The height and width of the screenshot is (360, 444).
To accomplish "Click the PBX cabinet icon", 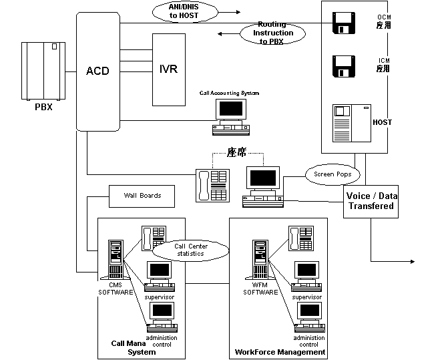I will (x=43, y=70).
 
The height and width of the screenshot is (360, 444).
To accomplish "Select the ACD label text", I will (x=97, y=70).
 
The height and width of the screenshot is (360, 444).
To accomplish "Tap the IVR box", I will (x=168, y=69).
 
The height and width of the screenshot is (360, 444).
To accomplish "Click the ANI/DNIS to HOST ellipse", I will (x=183, y=11).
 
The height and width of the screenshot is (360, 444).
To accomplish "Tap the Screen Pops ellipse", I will (x=332, y=175).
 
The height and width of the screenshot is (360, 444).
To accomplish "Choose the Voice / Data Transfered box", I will (x=371, y=201).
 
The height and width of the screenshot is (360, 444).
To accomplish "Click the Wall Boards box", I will (x=142, y=196).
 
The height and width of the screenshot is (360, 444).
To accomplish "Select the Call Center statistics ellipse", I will (x=190, y=250).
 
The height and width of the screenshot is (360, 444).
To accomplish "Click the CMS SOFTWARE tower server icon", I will (x=116, y=258).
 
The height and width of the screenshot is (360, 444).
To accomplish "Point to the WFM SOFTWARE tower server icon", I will (x=260, y=258).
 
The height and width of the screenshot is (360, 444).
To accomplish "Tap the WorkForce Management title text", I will (x=280, y=351).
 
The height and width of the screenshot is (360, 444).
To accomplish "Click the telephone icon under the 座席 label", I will (x=211, y=184).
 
